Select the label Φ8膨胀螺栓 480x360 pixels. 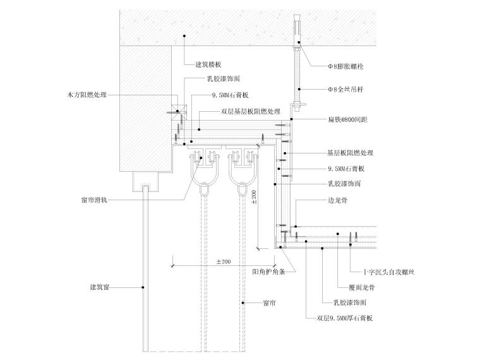(x=345, y=66)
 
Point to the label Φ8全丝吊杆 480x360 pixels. (x=345, y=90)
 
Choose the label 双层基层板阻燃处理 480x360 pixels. (x=250, y=111)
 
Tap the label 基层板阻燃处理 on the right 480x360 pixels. (x=350, y=153)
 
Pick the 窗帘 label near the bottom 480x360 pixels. (x=269, y=304)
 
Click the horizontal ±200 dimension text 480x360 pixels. (x=224, y=261)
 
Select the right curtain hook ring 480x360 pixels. (x=243, y=188)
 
